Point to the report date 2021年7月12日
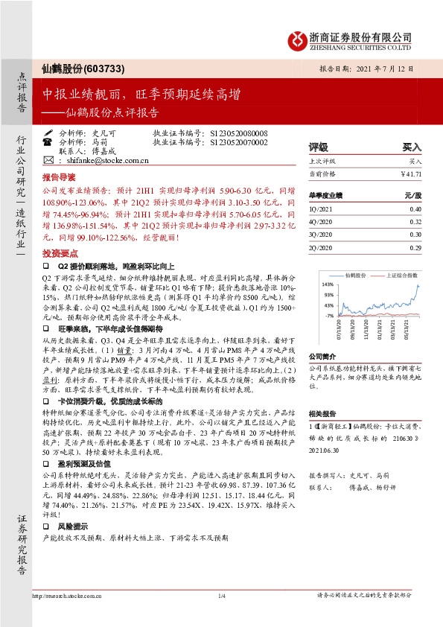(x=385, y=68)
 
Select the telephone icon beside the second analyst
(x=48, y=141)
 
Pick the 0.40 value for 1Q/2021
(x=415, y=209)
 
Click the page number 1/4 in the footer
(x=221, y=596)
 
